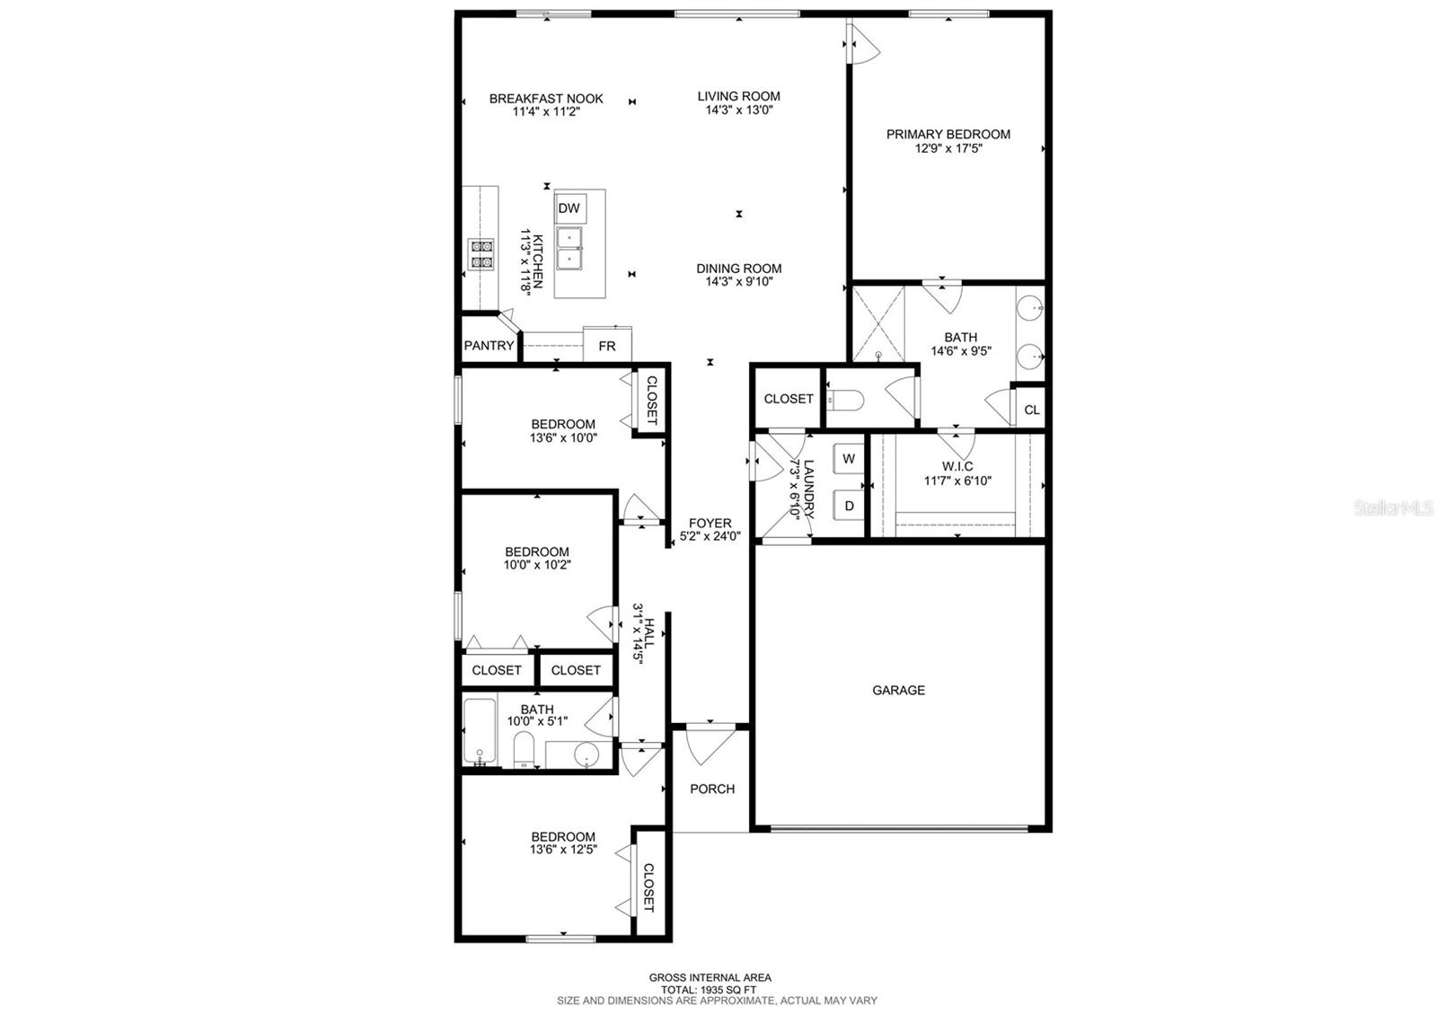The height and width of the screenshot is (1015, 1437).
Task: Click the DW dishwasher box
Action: pos(569,207)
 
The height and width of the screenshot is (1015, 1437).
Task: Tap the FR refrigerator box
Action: pos(607,345)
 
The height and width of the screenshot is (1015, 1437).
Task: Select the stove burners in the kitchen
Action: pos(480,254)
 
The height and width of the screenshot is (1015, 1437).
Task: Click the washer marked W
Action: pos(849,458)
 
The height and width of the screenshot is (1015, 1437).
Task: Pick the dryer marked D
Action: pos(849,505)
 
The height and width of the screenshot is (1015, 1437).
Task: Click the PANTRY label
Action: pos(489,345)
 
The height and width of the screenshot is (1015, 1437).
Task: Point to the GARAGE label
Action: pos(898,691)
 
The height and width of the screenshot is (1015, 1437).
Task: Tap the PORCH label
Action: pos(712,789)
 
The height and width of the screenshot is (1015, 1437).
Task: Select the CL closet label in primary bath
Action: pos(1032,410)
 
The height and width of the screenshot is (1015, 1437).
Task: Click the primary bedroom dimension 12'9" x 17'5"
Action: pos(948,148)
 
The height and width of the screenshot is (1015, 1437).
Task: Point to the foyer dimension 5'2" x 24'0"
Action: pos(710,535)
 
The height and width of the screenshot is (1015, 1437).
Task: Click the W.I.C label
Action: pos(957,466)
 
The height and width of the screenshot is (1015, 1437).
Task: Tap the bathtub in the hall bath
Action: pos(480,732)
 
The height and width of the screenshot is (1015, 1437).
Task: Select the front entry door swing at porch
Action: pos(710,745)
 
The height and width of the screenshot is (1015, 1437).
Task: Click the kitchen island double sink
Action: pos(569,248)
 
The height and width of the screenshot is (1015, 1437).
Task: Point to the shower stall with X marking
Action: pos(878,324)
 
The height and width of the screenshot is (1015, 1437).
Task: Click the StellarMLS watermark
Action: pos(1393,508)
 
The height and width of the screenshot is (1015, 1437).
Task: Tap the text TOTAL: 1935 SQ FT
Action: pos(709,990)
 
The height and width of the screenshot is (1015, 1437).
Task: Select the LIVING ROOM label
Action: pos(739,96)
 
